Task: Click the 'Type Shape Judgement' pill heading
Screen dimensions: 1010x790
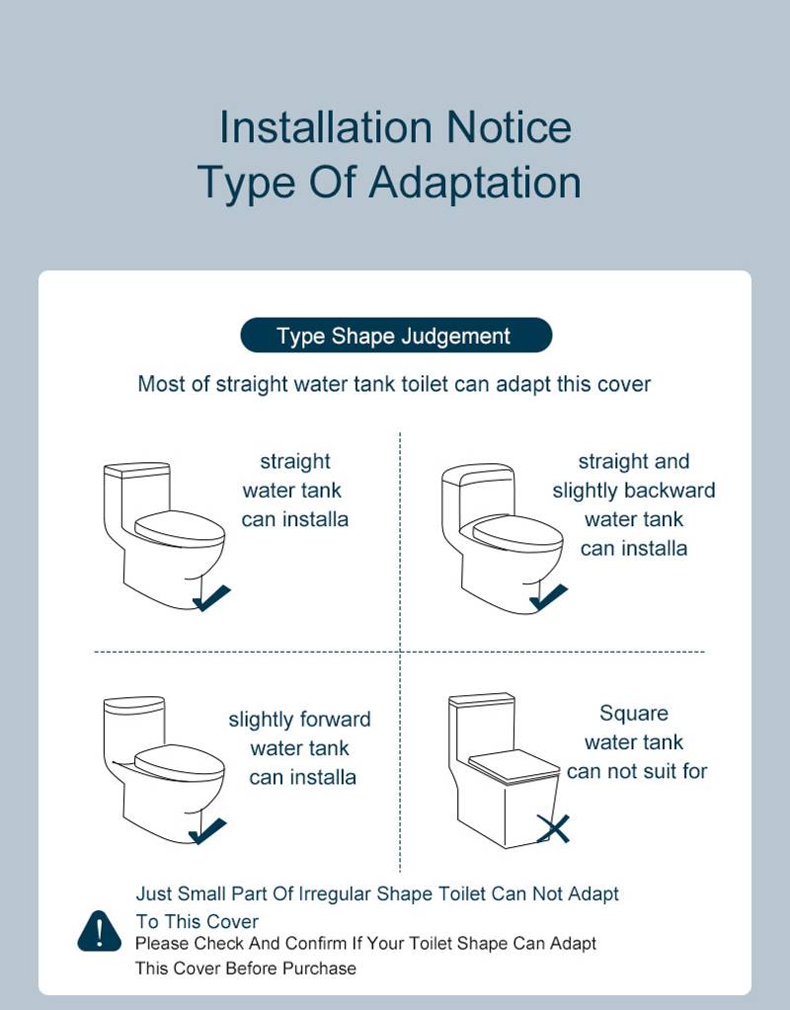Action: tap(395, 336)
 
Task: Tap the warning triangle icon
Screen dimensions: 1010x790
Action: tap(99, 931)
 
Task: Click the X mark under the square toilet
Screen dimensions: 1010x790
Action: tap(554, 828)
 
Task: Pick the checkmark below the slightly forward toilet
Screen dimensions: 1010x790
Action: tap(208, 831)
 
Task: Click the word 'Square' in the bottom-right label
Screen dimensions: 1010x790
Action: tap(634, 713)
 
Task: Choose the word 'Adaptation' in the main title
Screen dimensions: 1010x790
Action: tap(475, 183)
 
